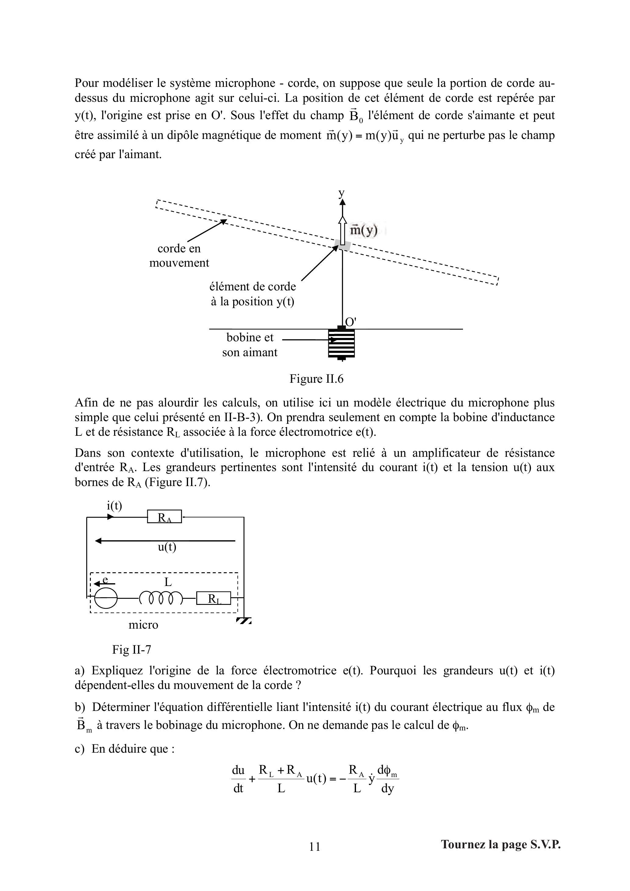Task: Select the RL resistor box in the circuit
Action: [213, 598]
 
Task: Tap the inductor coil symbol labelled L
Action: [161, 598]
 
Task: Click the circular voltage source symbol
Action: [105, 598]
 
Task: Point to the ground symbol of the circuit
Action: [244, 621]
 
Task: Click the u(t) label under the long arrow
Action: [167, 547]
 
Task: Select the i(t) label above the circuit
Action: [115, 506]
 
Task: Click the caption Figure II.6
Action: [316, 379]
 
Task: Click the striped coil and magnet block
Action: [341, 343]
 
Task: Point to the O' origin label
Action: [351, 322]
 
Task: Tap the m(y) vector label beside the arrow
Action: [364, 230]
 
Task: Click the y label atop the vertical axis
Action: [341, 193]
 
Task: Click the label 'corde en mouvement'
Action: [179, 255]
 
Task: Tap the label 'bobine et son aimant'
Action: [250, 345]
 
